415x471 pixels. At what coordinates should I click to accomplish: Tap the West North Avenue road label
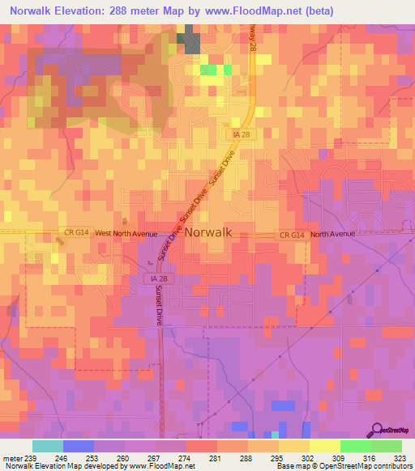click(x=125, y=232)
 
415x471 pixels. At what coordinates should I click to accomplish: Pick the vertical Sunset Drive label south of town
click(x=159, y=307)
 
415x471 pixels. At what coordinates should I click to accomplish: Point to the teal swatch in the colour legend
click(x=47, y=446)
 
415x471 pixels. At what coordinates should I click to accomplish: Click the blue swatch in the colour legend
click(x=78, y=446)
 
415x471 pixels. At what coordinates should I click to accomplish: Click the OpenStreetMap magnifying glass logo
click(x=379, y=431)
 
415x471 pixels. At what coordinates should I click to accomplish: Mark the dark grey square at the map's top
click(x=192, y=40)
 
